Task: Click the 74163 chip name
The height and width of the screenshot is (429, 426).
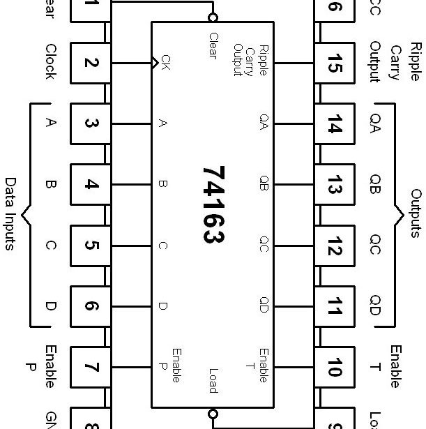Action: [x=213, y=204]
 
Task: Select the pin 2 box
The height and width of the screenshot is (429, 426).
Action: [x=91, y=63]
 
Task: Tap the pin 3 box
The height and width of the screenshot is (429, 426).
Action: [x=91, y=123]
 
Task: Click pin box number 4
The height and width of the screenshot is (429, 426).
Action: [x=91, y=185]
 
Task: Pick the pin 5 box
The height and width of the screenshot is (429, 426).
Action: [x=91, y=246]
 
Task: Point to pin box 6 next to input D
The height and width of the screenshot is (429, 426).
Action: [x=91, y=306]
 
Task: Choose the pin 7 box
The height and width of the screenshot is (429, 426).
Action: [x=91, y=367]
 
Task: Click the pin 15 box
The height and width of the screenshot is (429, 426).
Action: [x=334, y=63]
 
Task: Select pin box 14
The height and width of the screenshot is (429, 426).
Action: [x=334, y=123]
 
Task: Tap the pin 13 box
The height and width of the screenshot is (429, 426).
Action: [x=334, y=185]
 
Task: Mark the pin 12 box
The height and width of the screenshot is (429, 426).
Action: [x=334, y=246]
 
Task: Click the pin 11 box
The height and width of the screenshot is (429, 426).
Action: [x=334, y=306]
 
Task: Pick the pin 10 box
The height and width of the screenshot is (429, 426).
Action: [x=334, y=367]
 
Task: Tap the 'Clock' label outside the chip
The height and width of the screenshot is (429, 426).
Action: [x=50, y=62]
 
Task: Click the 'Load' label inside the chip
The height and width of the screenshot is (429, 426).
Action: [x=213, y=381]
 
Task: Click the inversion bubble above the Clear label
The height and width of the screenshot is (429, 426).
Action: [x=213, y=17]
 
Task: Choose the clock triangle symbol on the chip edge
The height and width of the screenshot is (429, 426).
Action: [x=155, y=63]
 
